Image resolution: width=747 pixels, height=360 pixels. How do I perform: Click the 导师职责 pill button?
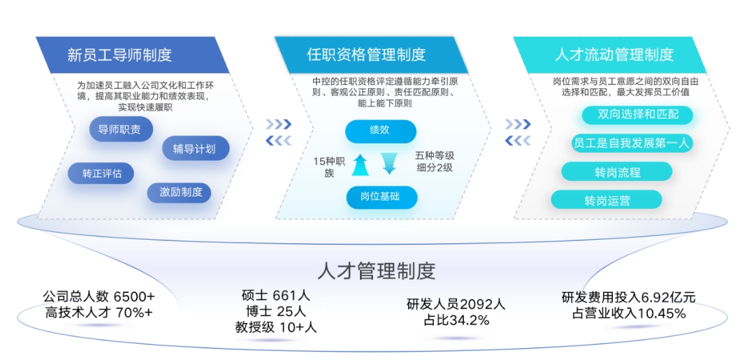pos(121,129)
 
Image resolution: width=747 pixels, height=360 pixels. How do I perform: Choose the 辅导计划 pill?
pos(196,149)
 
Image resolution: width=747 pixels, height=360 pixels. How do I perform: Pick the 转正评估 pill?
pos(101,173)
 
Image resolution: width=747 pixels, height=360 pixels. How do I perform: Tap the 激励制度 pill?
pos(179,193)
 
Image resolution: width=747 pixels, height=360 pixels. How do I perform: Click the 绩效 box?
pos(381,131)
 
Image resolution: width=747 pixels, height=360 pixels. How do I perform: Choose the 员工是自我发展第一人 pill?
pos(632,143)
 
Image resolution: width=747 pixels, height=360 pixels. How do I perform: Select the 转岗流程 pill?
pos(617,172)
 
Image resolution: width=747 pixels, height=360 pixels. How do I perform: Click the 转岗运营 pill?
pos(607,200)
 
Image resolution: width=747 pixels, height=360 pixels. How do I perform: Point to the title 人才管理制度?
pos(377,271)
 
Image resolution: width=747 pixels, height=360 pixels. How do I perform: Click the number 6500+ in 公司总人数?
pos(134,296)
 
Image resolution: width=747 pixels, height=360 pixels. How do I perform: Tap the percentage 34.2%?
pos(470,320)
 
